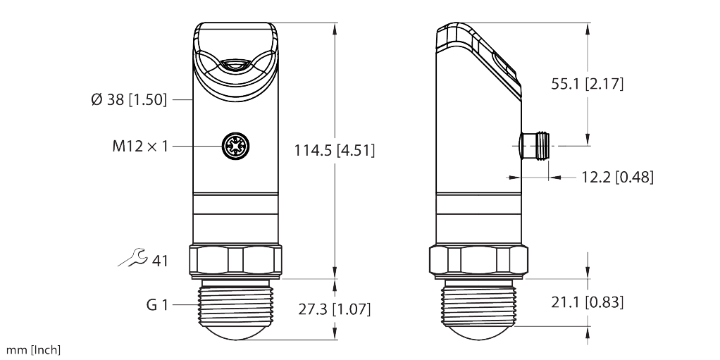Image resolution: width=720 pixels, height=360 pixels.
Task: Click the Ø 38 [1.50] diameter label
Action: (129, 99)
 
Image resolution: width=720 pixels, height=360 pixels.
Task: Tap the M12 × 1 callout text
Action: (140, 147)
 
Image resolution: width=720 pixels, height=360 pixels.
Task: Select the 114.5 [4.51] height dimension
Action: (334, 150)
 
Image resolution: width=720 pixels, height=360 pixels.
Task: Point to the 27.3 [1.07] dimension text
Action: (334, 309)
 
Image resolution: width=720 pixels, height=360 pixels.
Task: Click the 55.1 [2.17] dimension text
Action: (588, 84)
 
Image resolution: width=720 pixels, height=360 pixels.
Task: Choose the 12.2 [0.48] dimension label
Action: (618, 177)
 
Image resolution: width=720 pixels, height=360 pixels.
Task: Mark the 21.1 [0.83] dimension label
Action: (588, 302)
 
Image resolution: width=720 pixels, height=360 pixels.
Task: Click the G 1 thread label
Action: (158, 304)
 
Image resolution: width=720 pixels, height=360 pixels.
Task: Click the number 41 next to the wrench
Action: (160, 261)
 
